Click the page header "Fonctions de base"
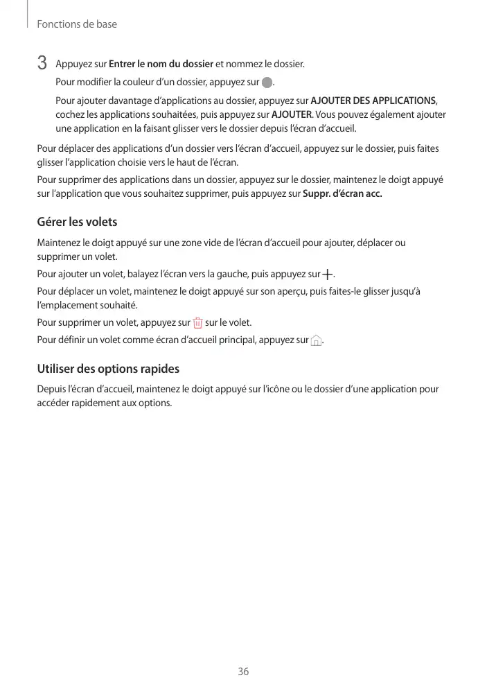[77, 24]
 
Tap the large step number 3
[42, 64]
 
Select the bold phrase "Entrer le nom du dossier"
[161, 64]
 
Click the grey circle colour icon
[267, 83]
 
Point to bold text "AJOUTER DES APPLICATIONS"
[373, 101]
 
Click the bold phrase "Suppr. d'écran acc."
[343, 193]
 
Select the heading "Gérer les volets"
[77, 223]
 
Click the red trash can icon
[198, 323]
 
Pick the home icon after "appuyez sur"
[317, 340]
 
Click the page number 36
[243, 672]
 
